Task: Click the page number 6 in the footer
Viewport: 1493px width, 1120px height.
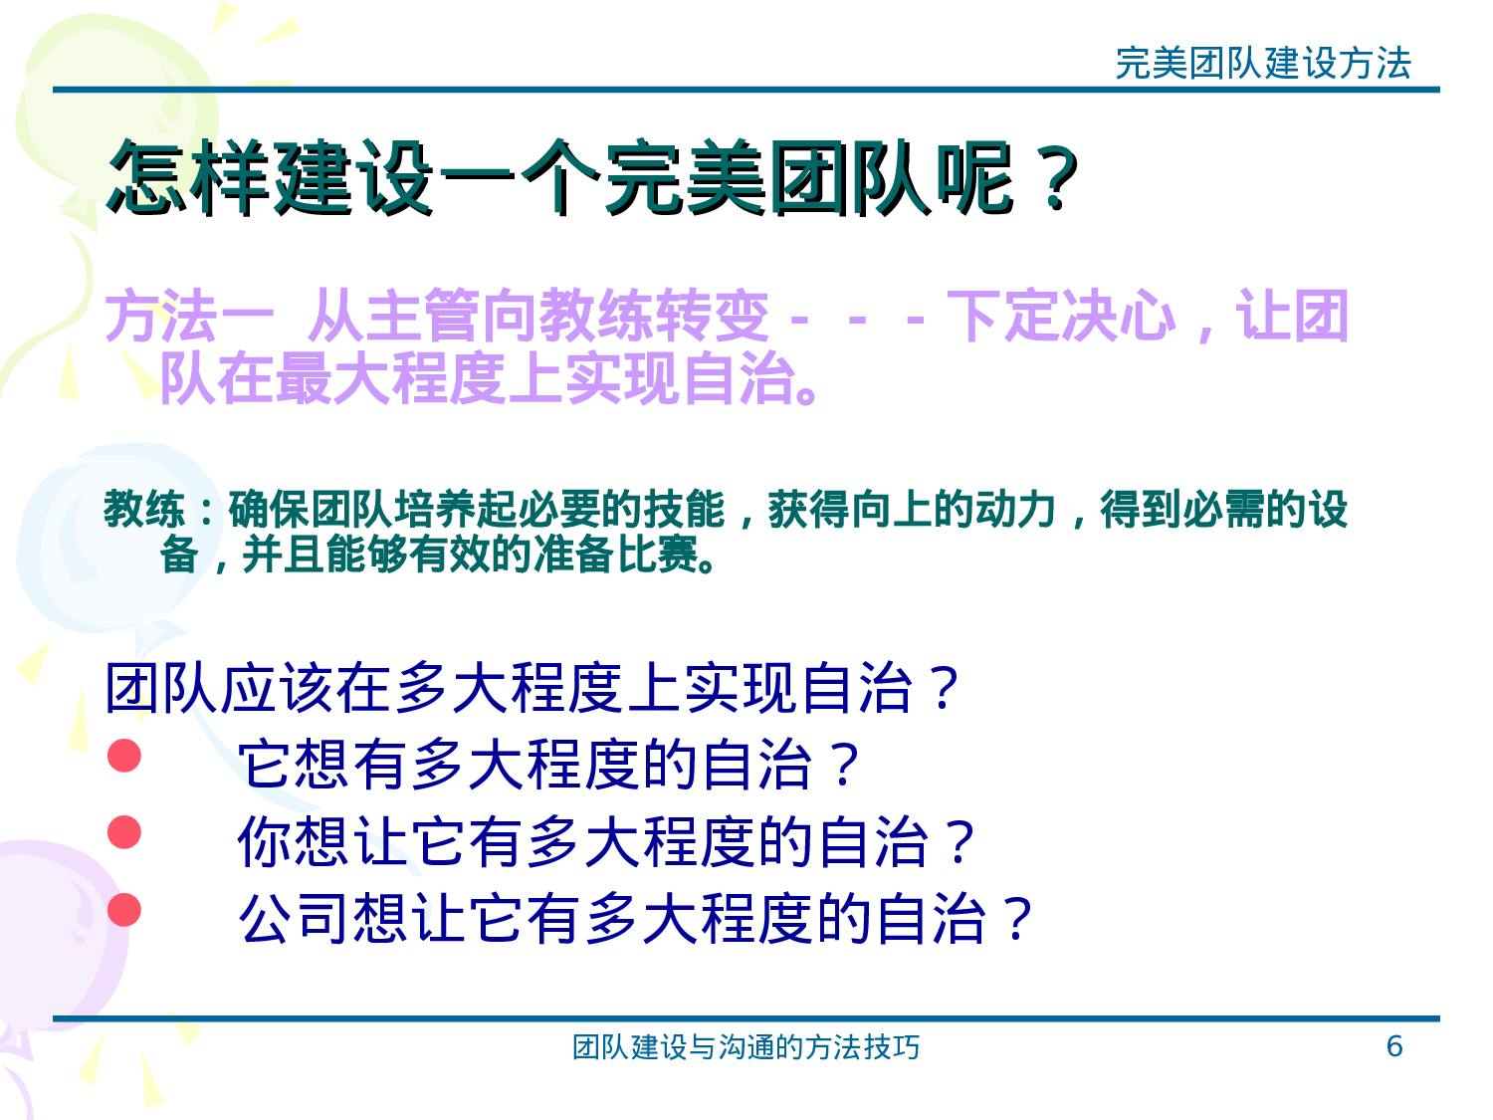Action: pos(1393,1046)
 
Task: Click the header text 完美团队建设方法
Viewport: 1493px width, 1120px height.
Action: pos(1263,64)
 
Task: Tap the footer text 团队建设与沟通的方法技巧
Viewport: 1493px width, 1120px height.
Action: pos(746,1047)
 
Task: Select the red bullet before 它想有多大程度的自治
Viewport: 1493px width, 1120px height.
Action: pos(124,756)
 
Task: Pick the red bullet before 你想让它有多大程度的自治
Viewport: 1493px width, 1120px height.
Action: pos(124,832)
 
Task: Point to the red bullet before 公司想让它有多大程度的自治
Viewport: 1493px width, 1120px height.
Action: pos(124,909)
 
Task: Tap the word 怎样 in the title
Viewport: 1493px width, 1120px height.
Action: pos(189,179)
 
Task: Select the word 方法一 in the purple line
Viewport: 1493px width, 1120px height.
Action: pos(189,317)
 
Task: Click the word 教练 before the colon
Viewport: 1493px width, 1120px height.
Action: pos(144,510)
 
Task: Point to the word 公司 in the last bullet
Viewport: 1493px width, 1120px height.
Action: pos(296,918)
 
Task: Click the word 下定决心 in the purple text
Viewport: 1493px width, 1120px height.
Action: pos(1061,317)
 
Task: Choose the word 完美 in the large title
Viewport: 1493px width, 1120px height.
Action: pos(686,179)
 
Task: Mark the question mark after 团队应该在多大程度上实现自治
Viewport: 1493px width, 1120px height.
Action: pos(940,689)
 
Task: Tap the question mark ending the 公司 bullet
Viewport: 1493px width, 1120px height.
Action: pos(1017,918)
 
